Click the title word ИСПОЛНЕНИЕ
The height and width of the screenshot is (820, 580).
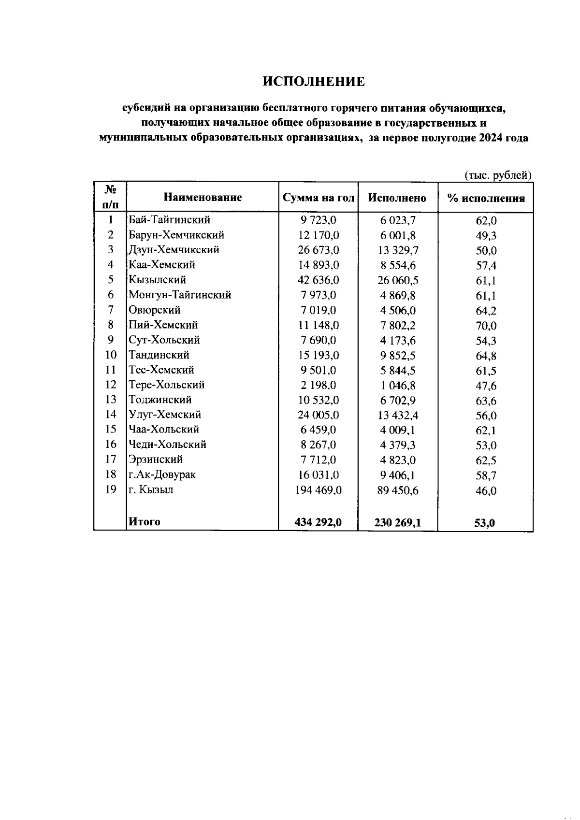coord(314,82)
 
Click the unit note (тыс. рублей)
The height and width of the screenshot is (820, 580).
coord(498,175)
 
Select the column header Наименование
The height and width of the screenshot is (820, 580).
coord(203,197)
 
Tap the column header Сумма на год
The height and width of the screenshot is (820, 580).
coord(318,198)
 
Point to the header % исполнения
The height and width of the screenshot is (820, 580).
coord(486,198)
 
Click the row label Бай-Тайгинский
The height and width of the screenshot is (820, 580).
coord(169,220)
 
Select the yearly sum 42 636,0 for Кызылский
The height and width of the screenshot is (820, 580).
coord(319,280)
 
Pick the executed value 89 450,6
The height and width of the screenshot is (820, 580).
coord(398,491)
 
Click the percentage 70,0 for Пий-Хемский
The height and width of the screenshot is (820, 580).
coord(486,326)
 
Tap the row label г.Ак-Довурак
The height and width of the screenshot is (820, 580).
coord(162,475)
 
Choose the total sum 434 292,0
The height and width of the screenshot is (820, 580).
coord(318,522)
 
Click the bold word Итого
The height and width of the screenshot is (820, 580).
coord(144,522)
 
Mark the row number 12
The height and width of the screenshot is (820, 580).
coord(111,385)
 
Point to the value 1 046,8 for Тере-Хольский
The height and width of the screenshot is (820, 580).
coord(398,386)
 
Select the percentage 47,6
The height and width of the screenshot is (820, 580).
coord(486,386)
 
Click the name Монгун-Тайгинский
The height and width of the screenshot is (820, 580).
coord(180,295)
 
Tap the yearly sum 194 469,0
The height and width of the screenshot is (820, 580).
coord(319,490)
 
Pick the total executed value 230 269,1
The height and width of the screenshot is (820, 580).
coord(397,522)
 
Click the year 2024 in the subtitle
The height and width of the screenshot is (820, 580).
coord(492,138)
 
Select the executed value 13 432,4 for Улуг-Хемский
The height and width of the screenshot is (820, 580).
coord(398,416)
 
